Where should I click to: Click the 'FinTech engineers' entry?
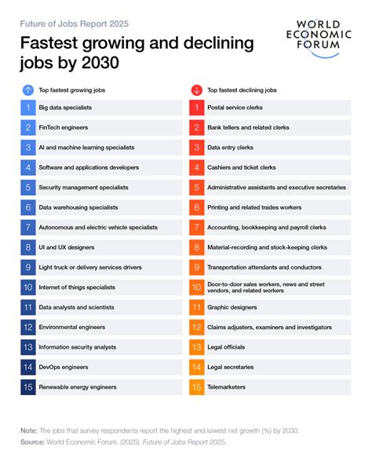(62, 126)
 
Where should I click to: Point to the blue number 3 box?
(27, 147)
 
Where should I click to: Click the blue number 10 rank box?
(27, 287)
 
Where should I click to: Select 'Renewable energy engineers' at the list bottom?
(78, 387)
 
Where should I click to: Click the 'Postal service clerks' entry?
(235, 106)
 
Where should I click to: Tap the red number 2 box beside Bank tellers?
(196, 126)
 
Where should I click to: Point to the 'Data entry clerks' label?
(230, 147)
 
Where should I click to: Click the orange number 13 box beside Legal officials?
(196, 347)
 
